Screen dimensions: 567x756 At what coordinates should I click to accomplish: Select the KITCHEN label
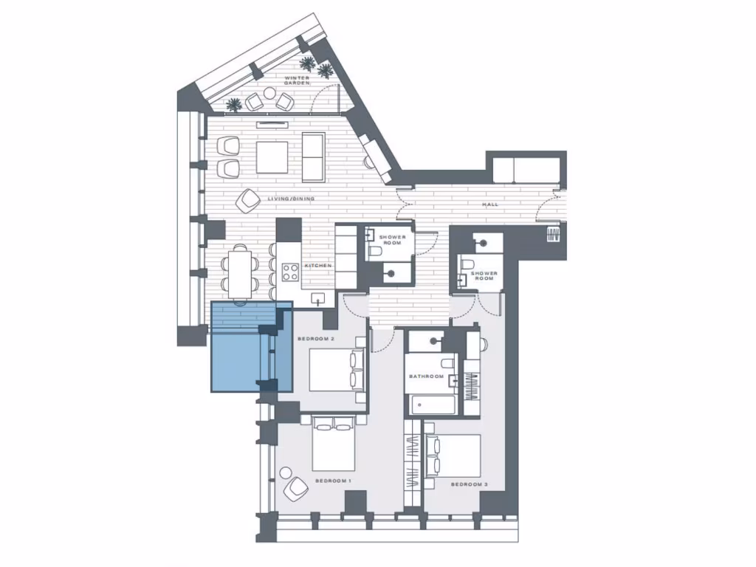pos(318,265)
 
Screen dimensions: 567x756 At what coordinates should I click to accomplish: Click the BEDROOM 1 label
pos(332,481)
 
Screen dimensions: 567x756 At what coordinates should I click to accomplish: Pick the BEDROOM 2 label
pos(316,339)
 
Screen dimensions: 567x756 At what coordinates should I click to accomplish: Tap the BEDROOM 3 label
pos(468,484)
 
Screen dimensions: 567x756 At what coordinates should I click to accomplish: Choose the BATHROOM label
pos(426,377)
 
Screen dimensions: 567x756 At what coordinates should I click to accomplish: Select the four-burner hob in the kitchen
pos(290,272)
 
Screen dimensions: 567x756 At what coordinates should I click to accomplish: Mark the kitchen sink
pos(319,298)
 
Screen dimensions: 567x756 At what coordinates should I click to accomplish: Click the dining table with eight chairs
pos(239,272)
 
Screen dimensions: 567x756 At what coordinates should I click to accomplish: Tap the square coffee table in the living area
pos(272,157)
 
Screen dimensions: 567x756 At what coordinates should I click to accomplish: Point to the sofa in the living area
pos(313,157)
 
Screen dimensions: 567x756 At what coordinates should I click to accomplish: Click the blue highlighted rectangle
pos(251,346)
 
